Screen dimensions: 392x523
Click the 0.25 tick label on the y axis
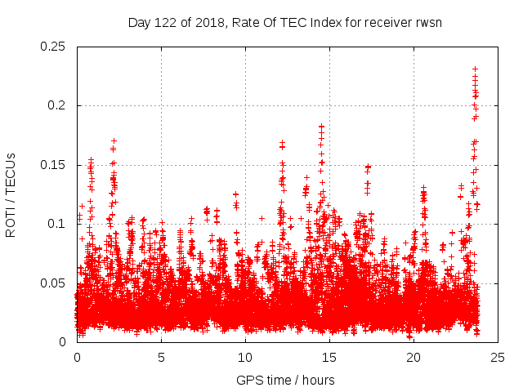coord(53,47)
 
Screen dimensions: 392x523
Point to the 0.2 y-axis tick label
coord(59,105)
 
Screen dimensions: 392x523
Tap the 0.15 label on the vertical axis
coord(53,165)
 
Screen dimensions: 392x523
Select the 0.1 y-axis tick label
coord(59,224)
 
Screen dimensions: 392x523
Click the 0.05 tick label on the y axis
coord(53,283)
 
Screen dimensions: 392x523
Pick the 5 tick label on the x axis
coord(161,357)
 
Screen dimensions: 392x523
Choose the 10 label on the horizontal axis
coord(245,357)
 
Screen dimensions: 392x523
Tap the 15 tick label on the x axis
coord(329,357)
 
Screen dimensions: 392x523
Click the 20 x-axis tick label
coord(413,357)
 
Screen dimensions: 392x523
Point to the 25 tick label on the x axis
coord(498,357)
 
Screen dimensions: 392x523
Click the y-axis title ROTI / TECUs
coord(11,194)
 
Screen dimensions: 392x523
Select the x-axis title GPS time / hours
coord(285,380)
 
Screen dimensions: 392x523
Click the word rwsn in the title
coord(427,22)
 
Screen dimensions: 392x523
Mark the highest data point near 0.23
coord(475,69)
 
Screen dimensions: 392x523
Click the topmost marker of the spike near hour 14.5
coord(322,127)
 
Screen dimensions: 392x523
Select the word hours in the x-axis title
coord(317,380)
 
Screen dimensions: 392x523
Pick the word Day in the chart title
coord(139,22)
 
